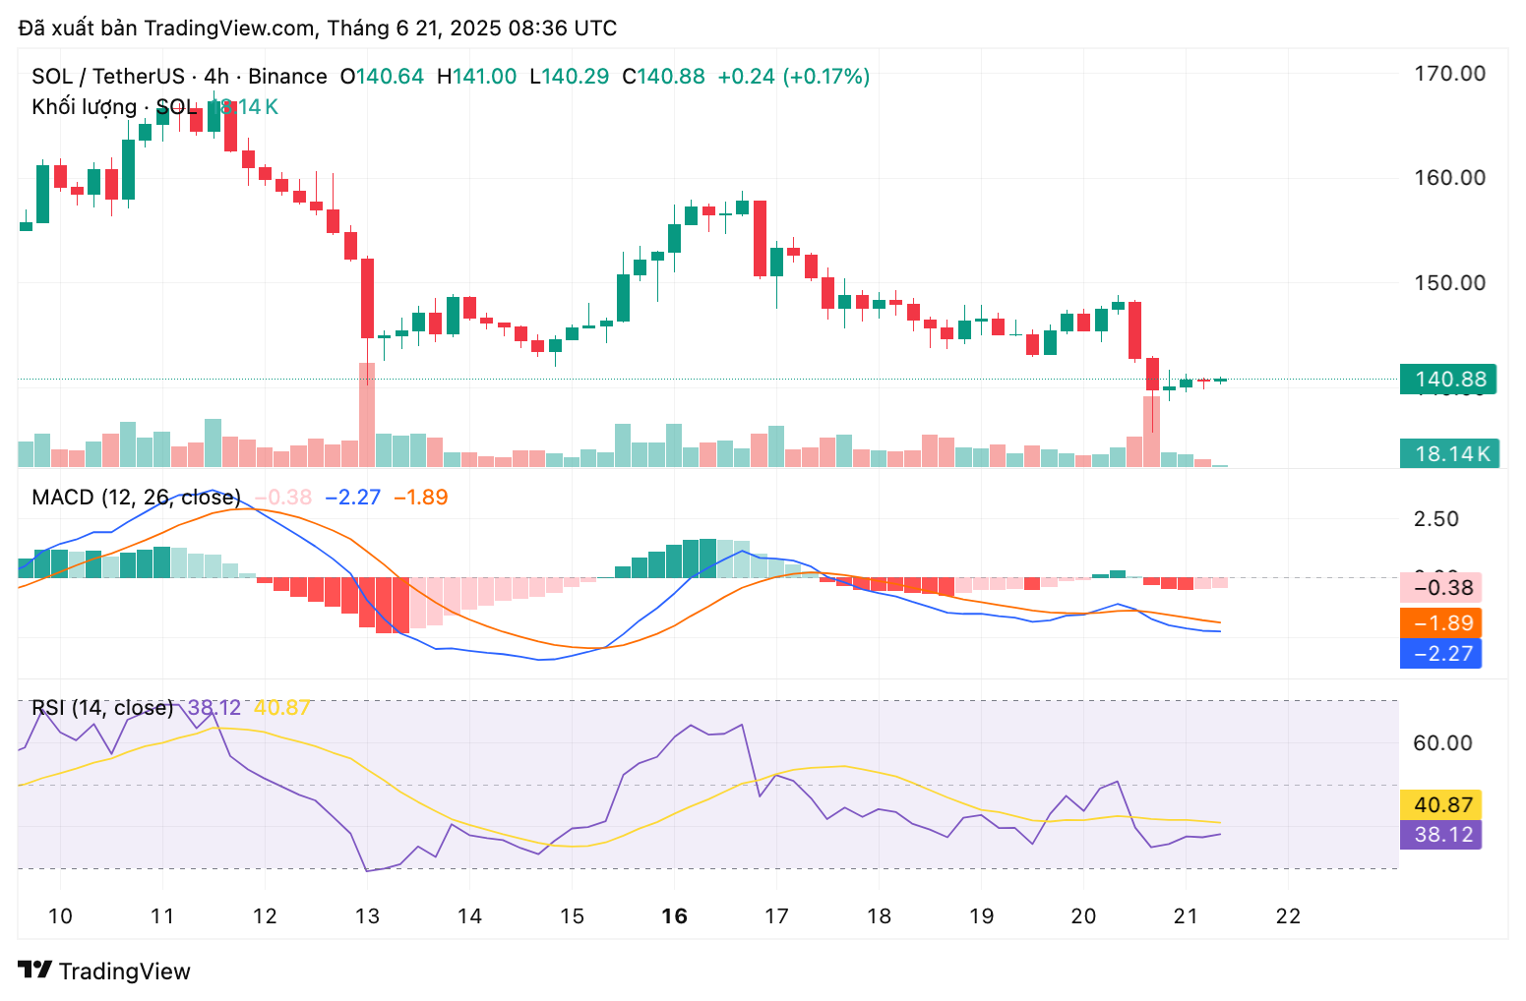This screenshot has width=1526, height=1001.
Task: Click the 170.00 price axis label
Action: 1449,74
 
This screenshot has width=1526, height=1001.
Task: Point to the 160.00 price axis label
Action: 1449,178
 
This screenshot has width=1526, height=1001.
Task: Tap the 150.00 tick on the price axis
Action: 1449,283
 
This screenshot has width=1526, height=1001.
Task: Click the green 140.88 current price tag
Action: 1448,380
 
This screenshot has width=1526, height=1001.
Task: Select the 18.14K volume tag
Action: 1449,454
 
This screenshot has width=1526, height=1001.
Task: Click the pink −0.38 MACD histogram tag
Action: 1441,589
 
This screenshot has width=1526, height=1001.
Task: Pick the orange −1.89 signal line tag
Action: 1441,623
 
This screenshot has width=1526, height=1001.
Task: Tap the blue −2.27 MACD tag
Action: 1441,654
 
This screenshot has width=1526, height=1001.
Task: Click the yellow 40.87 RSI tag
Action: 1441,805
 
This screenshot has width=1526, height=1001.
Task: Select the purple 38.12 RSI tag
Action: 1441,835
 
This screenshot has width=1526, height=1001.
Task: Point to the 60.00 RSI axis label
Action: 1442,743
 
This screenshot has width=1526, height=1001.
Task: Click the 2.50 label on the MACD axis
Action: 1436,519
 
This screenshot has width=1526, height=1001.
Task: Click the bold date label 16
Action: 674,916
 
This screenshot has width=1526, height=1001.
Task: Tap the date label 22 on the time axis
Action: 1288,916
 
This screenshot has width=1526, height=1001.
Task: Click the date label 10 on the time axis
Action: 60,916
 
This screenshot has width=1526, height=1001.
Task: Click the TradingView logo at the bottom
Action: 104,972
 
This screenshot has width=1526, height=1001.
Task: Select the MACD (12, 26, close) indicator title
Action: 136,498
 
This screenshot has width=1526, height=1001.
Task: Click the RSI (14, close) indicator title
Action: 102,708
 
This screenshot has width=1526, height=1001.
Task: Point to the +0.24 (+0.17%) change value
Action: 794,77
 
